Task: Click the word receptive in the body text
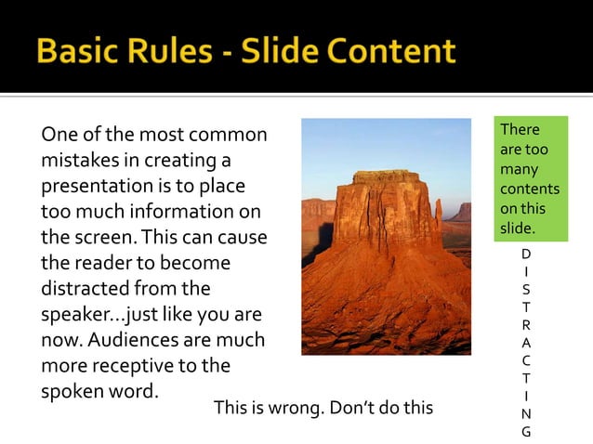click(x=126, y=365)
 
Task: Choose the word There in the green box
click(x=520, y=130)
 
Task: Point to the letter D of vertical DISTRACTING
click(x=526, y=254)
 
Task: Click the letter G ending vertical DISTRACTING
click(x=526, y=431)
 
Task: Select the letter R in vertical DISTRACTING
click(x=526, y=325)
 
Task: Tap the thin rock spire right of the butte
click(x=438, y=214)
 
